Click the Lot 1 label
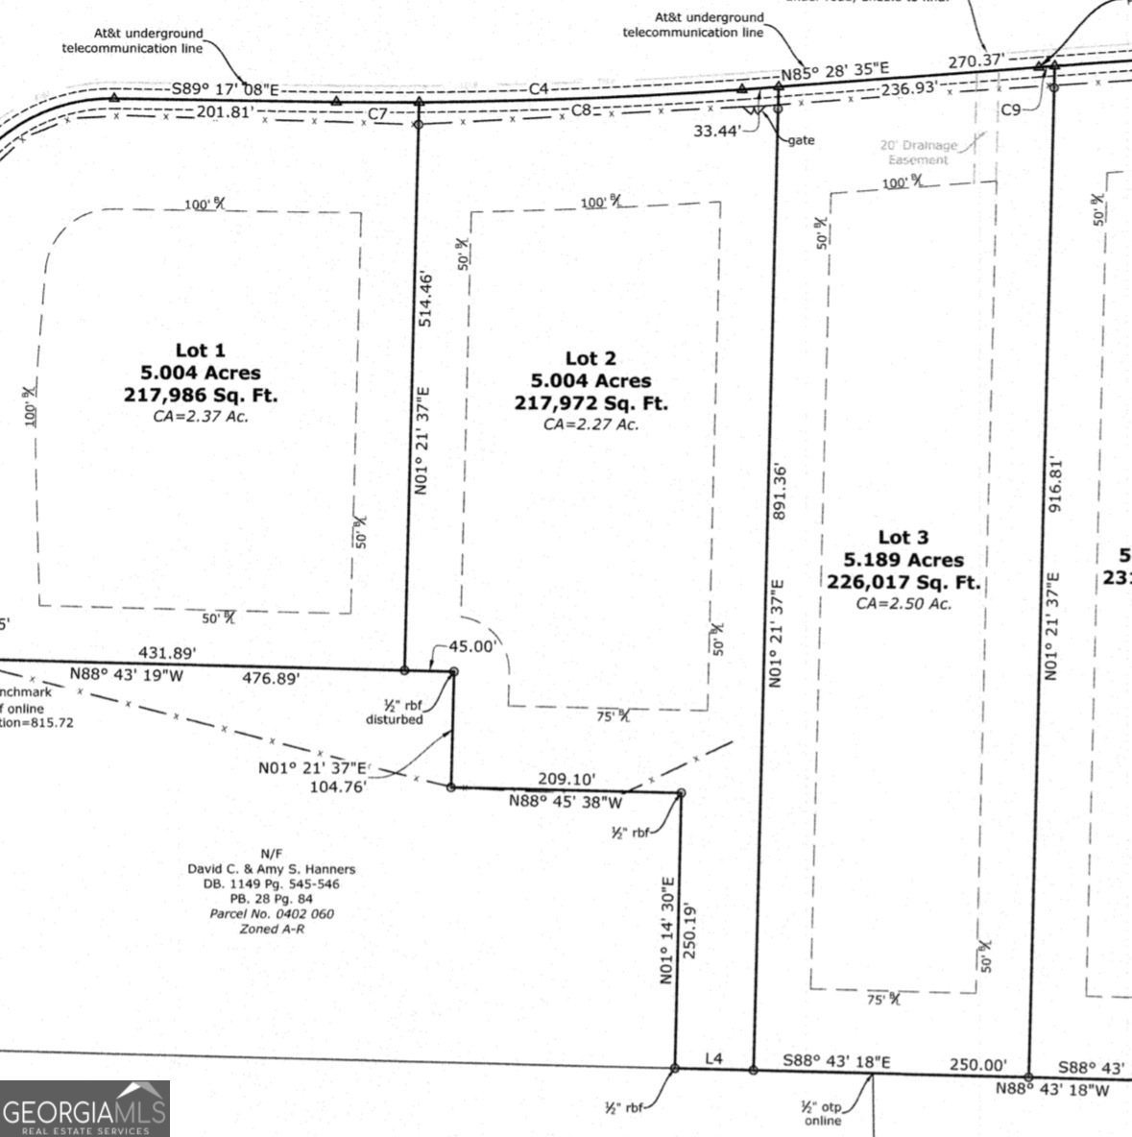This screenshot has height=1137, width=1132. click(200, 351)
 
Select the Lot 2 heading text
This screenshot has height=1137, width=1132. click(590, 358)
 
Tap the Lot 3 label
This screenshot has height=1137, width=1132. click(903, 537)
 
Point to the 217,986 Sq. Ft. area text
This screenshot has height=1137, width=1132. click(201, 395)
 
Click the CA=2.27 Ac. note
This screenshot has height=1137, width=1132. click(590, 423)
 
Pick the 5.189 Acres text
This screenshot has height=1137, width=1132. click(903, 560)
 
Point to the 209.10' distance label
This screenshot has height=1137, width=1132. click(566, 779)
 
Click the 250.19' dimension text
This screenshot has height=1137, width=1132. click(688, 930)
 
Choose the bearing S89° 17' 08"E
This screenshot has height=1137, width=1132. click(225, 90)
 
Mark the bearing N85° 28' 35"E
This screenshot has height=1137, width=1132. click(834, 70)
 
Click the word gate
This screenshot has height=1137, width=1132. click(801, 140)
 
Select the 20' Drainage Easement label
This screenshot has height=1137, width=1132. click(919, 153)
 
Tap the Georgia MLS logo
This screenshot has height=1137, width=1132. click(84, 1109)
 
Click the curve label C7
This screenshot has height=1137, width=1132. click(378, 114)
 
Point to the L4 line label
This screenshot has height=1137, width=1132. click(713, 1059)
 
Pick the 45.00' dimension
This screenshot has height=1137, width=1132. click(472, 646)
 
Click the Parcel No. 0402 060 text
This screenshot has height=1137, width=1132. click(272, 913)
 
